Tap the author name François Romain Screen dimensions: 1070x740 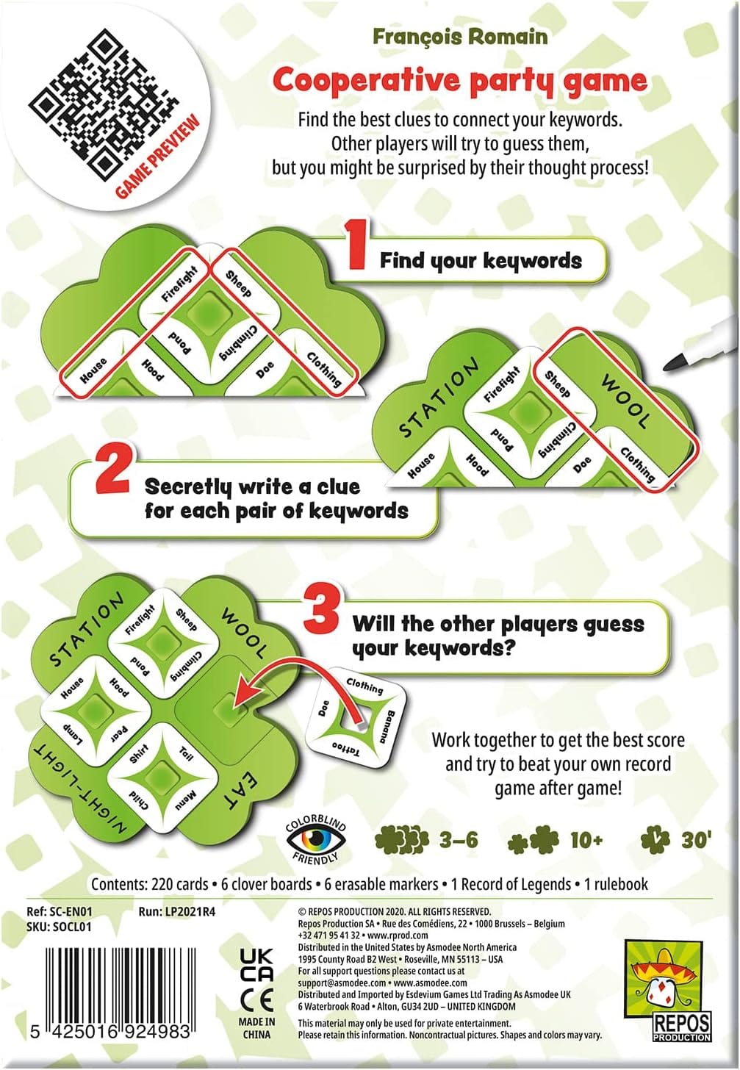(460, 36)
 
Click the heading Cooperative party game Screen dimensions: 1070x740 (460, 80)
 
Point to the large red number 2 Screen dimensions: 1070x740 (112, 473)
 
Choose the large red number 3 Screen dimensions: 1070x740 (321, 611)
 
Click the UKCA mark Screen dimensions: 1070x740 (256, 964)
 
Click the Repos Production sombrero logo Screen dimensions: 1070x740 (669, 977)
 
